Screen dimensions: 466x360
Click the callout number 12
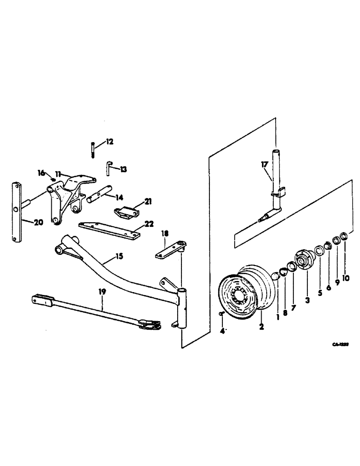[109, 141]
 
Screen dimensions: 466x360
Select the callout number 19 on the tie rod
[102, 292]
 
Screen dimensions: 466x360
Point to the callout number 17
[264, 164]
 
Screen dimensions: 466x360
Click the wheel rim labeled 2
[242, 294]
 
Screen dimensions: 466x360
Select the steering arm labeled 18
[170, 249]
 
